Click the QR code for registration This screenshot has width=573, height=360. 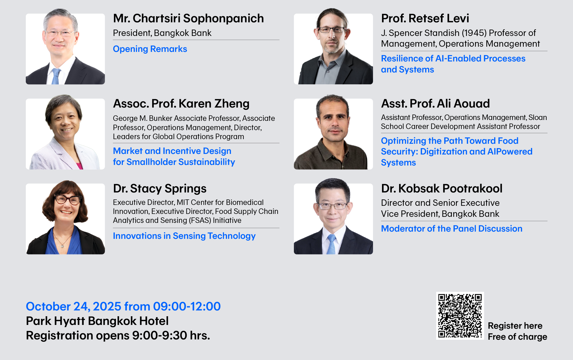pos(460,316)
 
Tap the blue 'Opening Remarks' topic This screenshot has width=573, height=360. pos(150,49)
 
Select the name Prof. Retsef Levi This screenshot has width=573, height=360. pos(425,18)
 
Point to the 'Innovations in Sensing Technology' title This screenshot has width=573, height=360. pos(184,236)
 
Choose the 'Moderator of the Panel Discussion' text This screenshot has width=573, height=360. pos(452,228)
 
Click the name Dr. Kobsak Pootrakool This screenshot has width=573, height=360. pos(442,188)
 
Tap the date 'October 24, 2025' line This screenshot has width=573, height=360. pos(123,306)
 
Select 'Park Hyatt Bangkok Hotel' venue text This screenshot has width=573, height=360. pos(97,321)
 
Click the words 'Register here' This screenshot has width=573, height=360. pos(515,326)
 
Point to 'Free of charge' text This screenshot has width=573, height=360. pos(517,337)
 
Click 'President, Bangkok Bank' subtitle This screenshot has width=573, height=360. pos(162,33)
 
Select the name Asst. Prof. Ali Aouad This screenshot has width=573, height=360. pos(435,103)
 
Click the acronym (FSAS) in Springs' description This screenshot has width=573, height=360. pos(200,220)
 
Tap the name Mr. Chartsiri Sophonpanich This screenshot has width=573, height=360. pos(188,18)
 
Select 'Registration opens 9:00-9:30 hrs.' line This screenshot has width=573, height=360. pos(118,335)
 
